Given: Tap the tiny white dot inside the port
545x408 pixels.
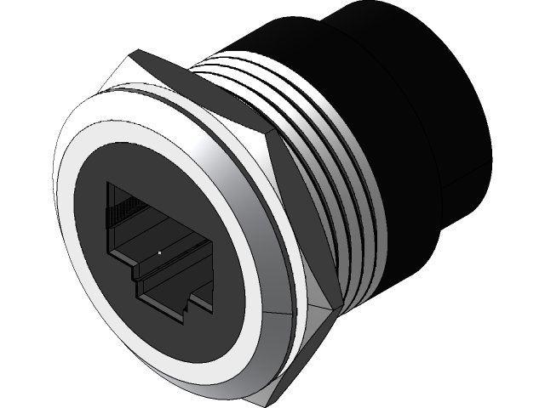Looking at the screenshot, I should [159, 252].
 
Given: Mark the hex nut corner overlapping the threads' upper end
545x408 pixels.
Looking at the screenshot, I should [271, 136].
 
